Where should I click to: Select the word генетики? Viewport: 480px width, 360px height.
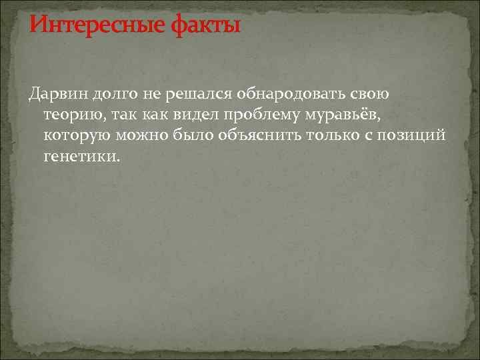[83, 157]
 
